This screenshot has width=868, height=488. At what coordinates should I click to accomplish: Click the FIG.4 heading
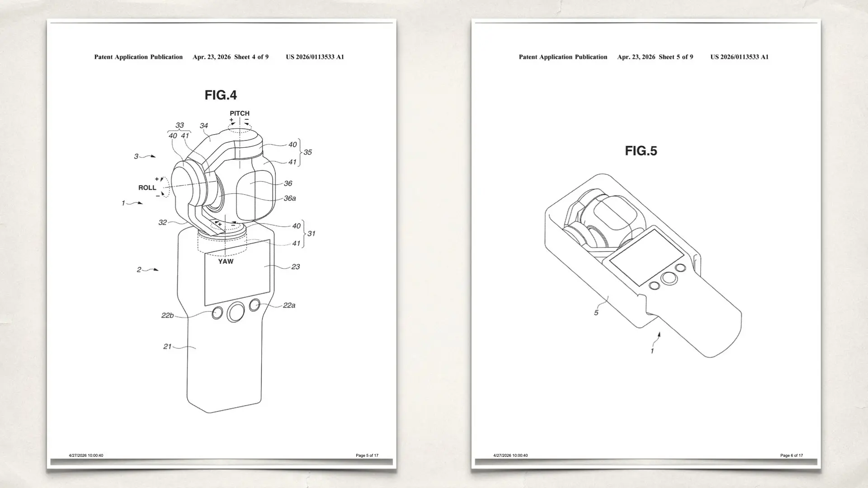tap(221, 95)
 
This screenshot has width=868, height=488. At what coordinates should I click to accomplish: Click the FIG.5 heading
tap(641, 150)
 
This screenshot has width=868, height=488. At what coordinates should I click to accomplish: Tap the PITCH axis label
tap(240, 113)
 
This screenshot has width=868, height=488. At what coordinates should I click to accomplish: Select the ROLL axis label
tap(147, 188)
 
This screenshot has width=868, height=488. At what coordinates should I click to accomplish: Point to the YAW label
tap(226, 261)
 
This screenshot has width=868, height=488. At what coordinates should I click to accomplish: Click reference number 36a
tap(290, 198)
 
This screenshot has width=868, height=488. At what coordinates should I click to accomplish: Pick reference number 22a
tap(289, 305)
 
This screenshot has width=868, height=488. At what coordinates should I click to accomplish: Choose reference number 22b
tap(167, 315)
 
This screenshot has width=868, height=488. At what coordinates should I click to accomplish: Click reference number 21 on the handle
tap(167, 347)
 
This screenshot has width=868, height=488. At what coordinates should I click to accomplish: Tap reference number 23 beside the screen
tap(295, 267)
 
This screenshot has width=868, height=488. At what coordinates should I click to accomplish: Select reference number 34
tap(204, 126)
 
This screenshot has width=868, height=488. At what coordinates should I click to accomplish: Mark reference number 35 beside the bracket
tap(307, 152)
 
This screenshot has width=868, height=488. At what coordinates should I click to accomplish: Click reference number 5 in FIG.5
tap(596, 313)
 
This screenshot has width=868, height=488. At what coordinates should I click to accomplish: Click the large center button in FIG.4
tap(235, 312)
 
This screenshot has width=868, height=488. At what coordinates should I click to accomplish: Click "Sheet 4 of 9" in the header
tap(251, 57)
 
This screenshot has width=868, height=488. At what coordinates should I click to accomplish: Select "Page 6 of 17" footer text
tap(792, 455)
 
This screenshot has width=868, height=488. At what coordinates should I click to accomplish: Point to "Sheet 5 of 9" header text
tap(676, 57)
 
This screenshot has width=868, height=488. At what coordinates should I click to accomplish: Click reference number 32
tap(162, 222)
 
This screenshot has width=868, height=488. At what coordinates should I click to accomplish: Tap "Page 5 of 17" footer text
tap(367, 455)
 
